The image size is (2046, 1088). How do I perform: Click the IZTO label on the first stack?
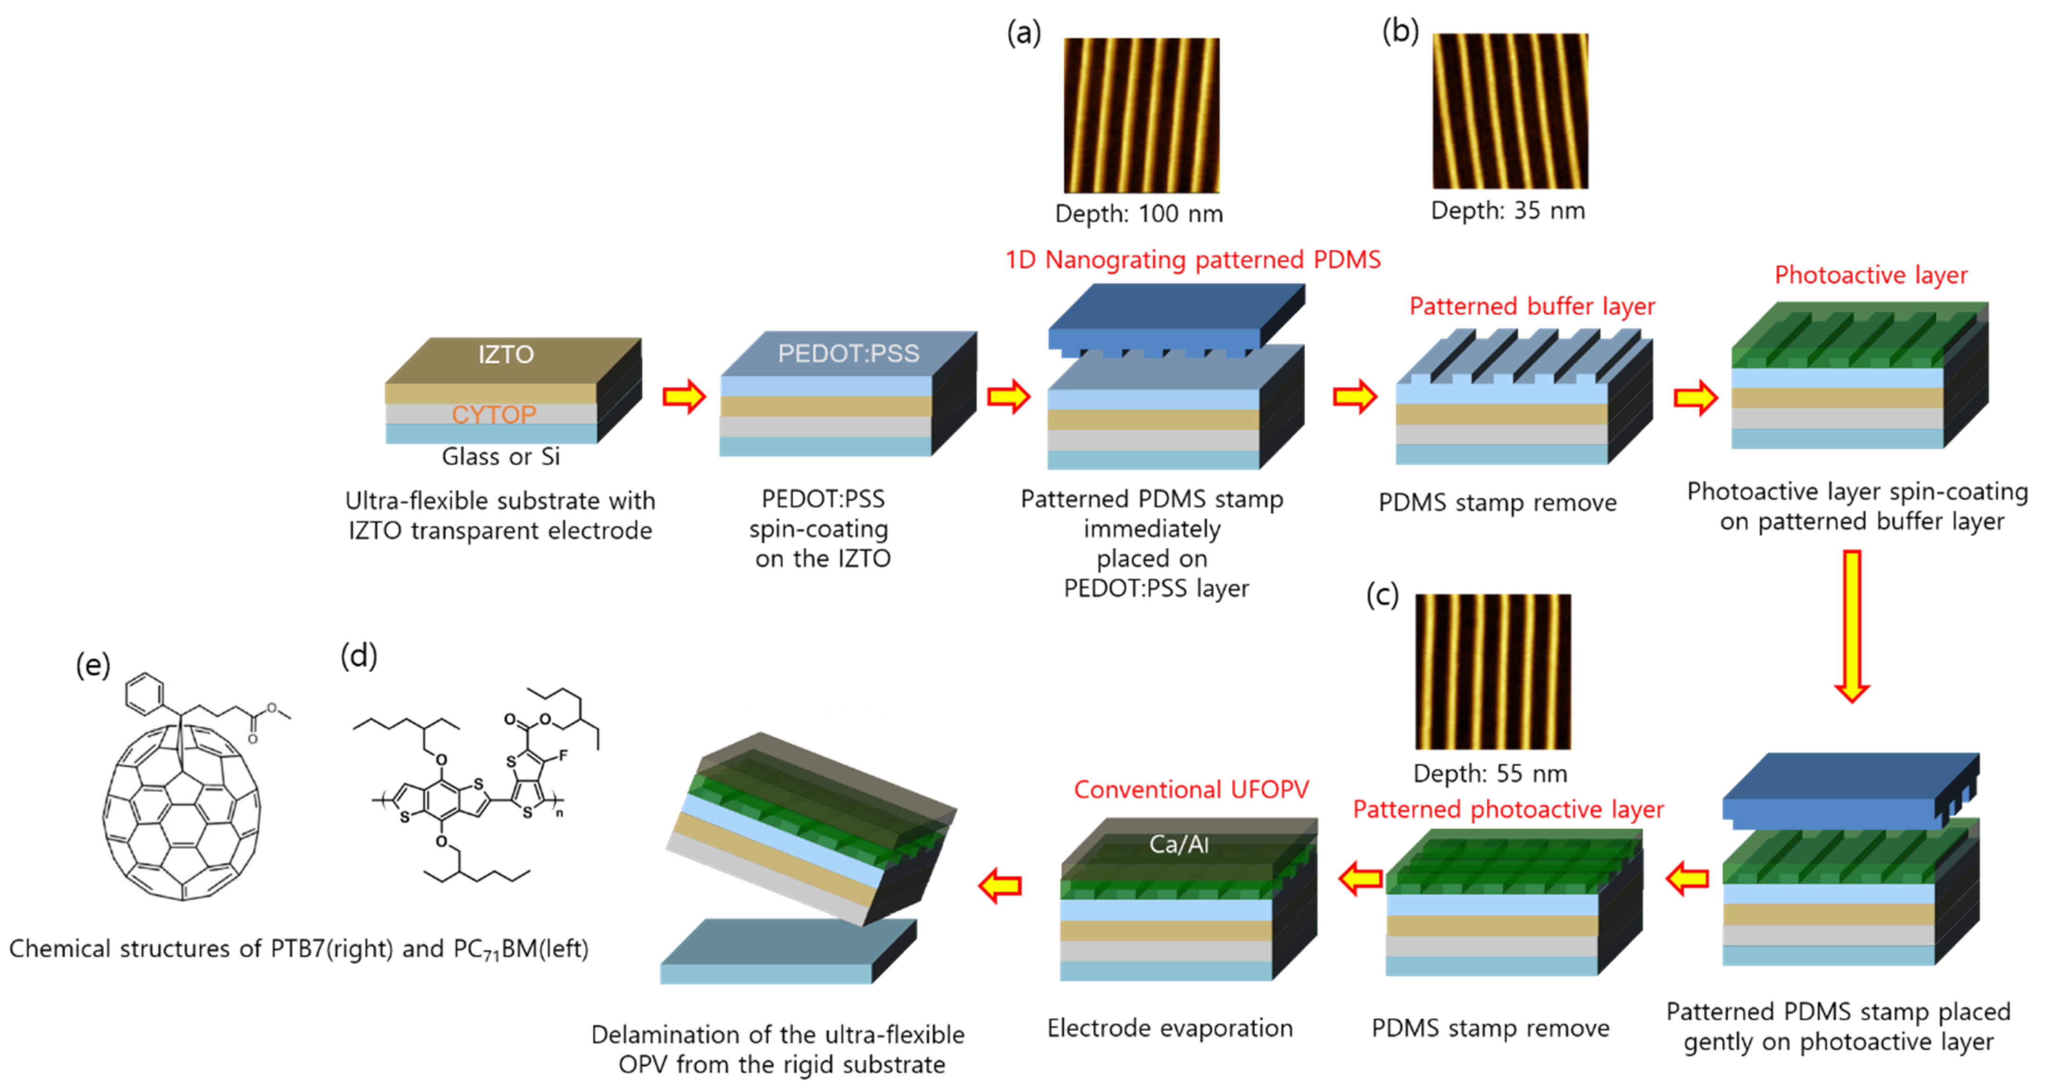pos(506,354)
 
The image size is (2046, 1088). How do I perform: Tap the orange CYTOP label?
pos(493,415)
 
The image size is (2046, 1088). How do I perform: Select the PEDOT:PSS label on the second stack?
pos(848,353)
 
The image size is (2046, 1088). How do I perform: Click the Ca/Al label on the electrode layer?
pos(1179,844)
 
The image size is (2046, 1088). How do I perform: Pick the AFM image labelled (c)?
pos(1493,671)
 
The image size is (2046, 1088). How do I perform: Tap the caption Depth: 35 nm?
pos(1508,211)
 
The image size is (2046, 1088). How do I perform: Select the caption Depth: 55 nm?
pos(1490,773)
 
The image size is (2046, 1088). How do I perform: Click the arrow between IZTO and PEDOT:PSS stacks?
pos(684,396)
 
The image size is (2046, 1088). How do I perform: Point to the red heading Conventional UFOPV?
pos(1190,790)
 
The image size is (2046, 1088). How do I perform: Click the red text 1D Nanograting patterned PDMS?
pos(1192,260)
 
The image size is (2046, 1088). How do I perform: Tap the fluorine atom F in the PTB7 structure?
pos(563,755)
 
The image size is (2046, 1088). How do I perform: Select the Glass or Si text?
pos(501,457)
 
